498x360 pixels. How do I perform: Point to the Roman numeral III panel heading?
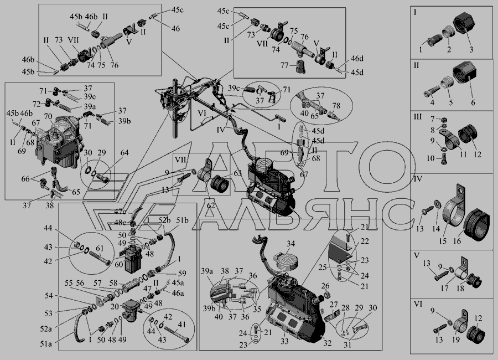pos(417,116)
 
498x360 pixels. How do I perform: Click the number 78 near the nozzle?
pos(336,105)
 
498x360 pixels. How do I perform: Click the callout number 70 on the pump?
pos(48,117)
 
